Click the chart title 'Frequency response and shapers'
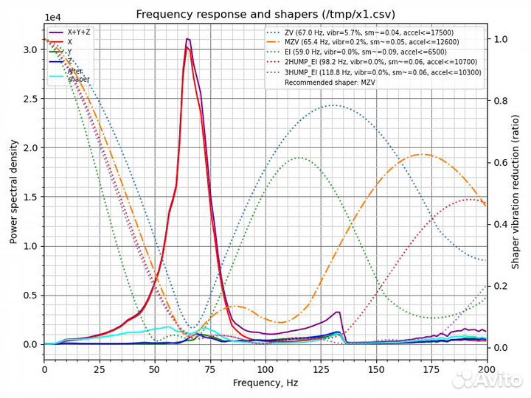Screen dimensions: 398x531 [265, 15]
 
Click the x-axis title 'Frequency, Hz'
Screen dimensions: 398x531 [265, 383]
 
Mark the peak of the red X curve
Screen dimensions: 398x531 [188, 48]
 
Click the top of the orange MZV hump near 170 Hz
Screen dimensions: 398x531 [421, 154]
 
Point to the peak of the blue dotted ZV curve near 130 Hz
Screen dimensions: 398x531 [334, 105]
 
